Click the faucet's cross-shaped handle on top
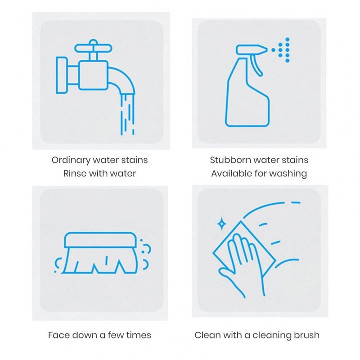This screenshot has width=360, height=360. tap(93, 48)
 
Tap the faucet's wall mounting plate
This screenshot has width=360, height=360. tap(62, 75)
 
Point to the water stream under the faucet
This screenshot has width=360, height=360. tap(127, 114)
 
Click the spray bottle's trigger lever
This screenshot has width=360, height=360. tap(256, 65)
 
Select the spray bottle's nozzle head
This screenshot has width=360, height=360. tap(252, 49)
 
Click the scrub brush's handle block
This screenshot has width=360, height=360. tap(100, 240)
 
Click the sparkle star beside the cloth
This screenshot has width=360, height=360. tap(221, 224)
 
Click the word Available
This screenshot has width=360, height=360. tap(232, 174)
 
